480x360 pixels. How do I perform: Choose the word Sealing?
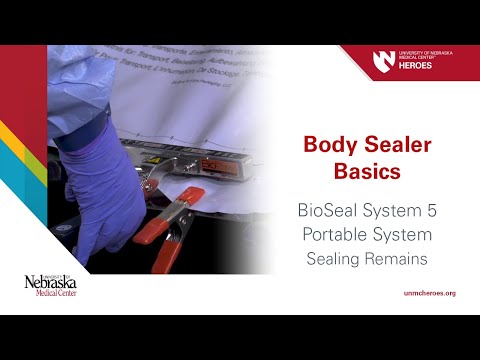(x=333, y=258)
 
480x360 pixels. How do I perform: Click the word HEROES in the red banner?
(x=415, y=67)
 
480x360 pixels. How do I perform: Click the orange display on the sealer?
(x=220, y=163)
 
